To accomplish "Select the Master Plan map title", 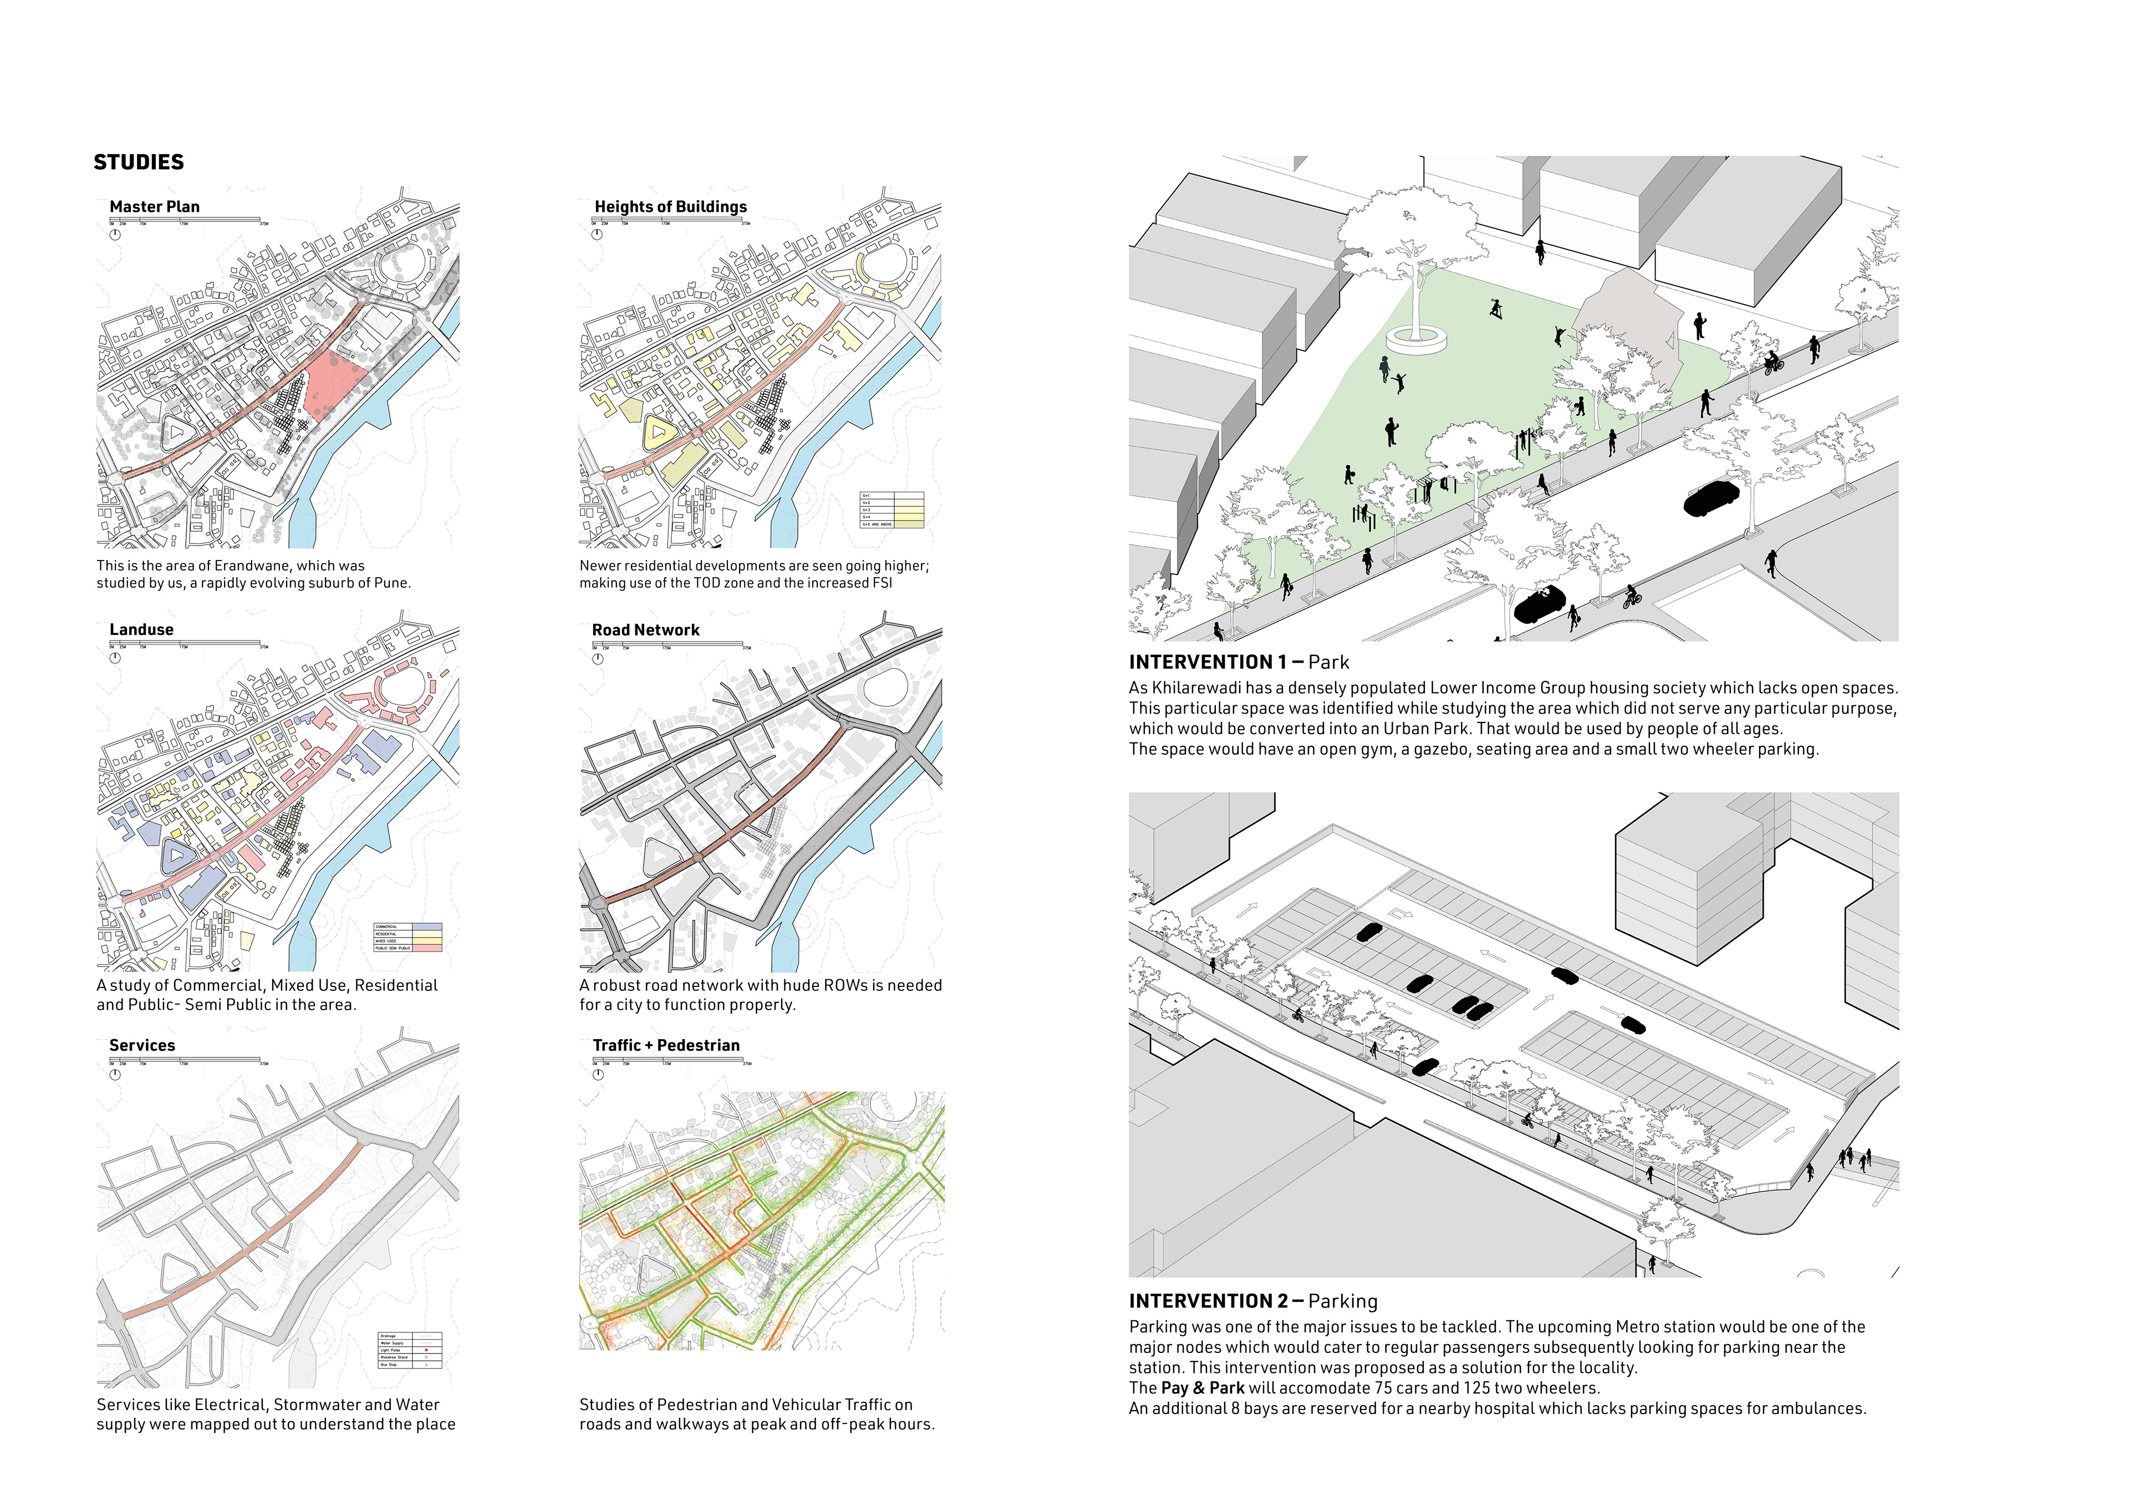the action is [x=154, y=207].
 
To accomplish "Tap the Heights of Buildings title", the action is [x=670, y=207].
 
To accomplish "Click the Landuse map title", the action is [x=141, y=630].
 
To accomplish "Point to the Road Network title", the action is [x=645, y=630].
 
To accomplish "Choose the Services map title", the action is [x=142, y=1045].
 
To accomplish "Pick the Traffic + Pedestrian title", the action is [x=666, y=1045].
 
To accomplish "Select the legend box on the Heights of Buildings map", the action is [x=892, y=510].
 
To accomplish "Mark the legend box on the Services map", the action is [x=410, y=1350].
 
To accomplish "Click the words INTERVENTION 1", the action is [x=1208, y=662].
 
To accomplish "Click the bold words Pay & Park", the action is [x=1202, y=1388].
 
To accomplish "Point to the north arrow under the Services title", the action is [x=115, y=1075].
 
